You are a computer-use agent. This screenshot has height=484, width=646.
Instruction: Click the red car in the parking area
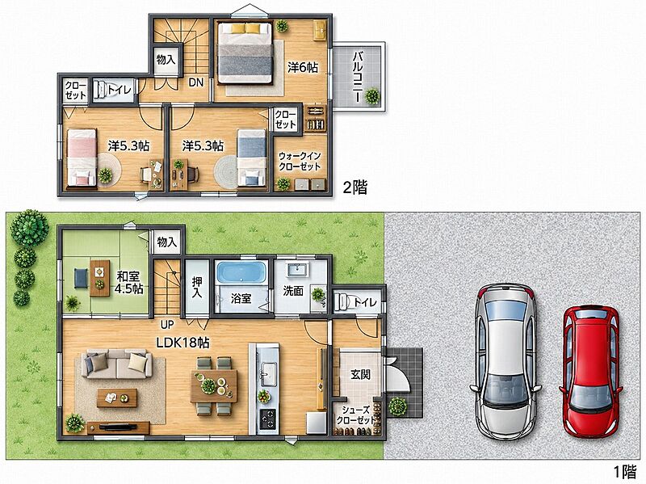[x=590, y=371]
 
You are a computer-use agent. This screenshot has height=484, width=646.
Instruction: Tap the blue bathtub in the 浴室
[x=241, y=272]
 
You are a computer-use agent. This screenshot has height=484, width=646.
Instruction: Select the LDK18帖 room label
[x=182, y=342]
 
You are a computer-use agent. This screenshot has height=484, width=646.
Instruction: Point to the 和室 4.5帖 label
[x=128, y=282]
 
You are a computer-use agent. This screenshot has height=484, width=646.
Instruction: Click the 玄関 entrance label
[x=360, y=374]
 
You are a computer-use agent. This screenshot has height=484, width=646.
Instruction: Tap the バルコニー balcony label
[x=357, y=76]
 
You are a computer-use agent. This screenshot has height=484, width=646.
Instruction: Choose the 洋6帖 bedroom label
[x=303, y=67]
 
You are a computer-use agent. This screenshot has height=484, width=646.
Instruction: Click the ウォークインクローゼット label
[x=300, y=162]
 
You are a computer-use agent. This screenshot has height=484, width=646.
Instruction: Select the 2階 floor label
[x=354, y=187]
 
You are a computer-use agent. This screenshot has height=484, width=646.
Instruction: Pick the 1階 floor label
[x=625, y=471]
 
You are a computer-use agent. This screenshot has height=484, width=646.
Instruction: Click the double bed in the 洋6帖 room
[x=245, y=53]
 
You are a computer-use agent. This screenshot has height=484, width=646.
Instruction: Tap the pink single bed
[x=82, y=158]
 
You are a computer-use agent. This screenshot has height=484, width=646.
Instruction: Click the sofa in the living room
[x=116, y=364]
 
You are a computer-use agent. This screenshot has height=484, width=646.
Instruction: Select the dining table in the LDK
[x=214, y=385]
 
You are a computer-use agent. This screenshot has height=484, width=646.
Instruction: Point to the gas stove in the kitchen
[x=268, y=419]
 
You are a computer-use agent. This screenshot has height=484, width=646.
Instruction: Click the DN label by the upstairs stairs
[x=196, y=82]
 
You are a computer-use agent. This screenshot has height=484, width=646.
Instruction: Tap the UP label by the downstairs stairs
[x=167, y=325]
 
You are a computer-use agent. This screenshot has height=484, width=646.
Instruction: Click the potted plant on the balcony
[x=372, y=96]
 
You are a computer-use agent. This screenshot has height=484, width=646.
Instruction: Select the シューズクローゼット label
[x=355, y=415]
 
